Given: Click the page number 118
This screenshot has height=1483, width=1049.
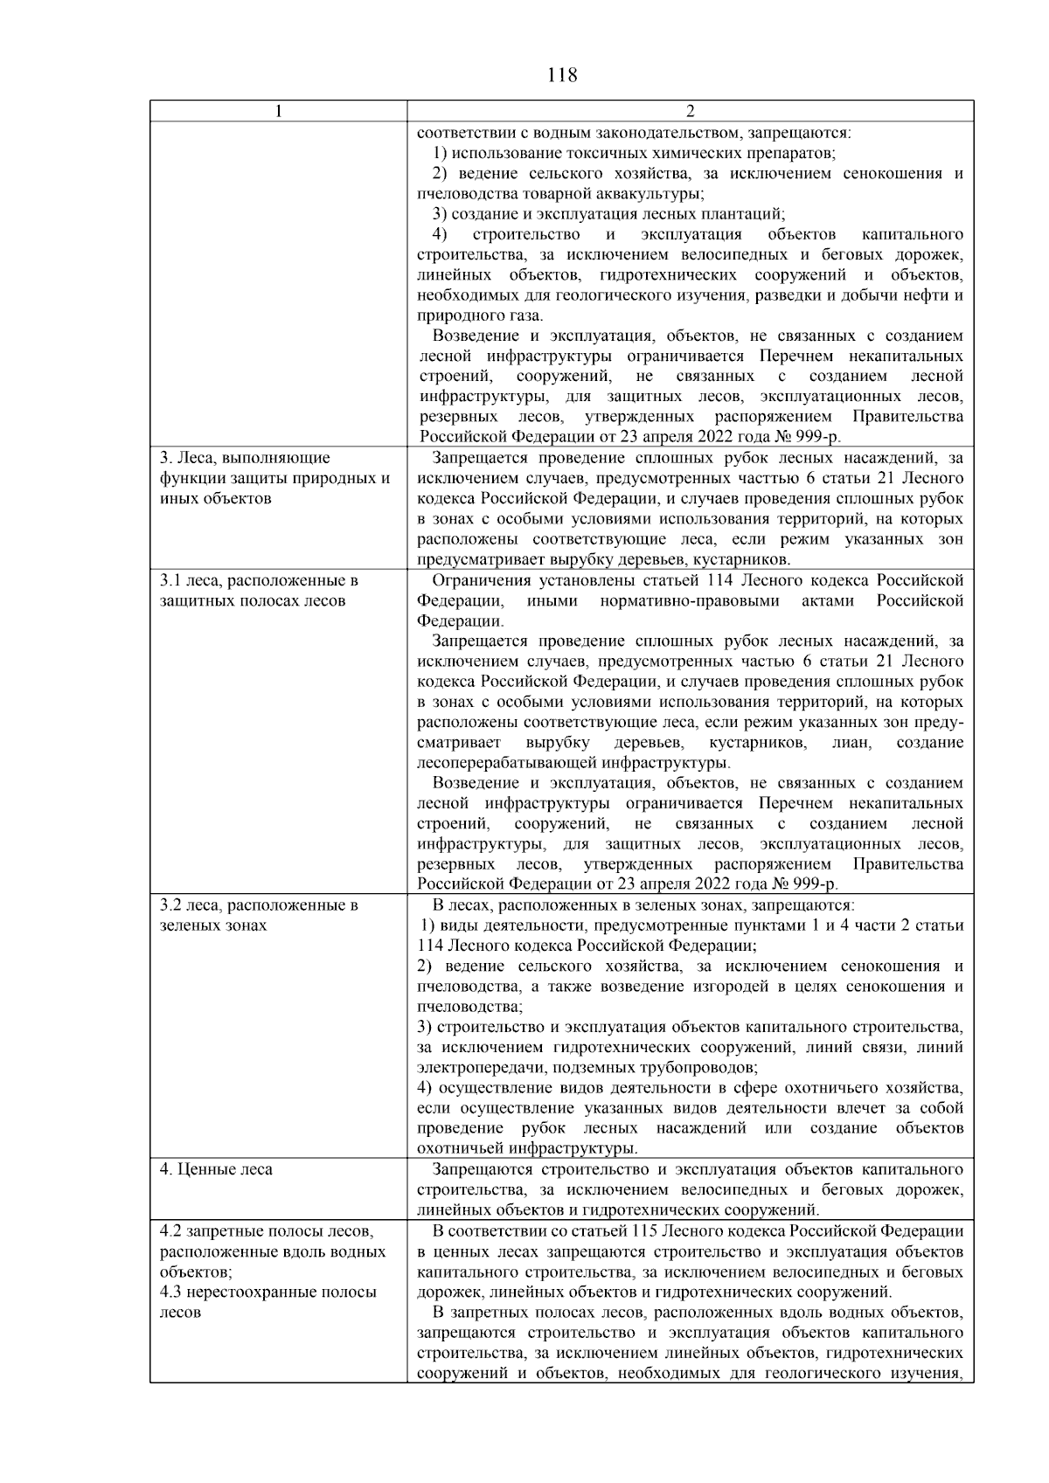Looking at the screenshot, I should click(561, 75).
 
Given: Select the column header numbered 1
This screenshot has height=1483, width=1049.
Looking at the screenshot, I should click(278, 111).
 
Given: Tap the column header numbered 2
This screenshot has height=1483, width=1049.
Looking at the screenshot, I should click(690, 111).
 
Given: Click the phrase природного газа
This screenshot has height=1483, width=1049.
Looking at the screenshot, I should click(479, 315).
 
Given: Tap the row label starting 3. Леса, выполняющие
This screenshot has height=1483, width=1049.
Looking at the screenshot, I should click(246, 458).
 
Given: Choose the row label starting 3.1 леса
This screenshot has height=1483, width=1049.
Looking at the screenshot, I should click(259, 580).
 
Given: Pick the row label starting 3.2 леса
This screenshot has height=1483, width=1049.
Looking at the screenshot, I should click(259, 905).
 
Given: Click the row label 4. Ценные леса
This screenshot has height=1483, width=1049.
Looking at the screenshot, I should click(216, 1169).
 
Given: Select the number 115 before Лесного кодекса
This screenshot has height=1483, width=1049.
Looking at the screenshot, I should click(644, 1230).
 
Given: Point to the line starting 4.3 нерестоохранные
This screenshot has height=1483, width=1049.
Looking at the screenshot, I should click(268, 1292).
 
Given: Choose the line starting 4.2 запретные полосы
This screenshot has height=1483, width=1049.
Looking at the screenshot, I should click(266, 1230).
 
